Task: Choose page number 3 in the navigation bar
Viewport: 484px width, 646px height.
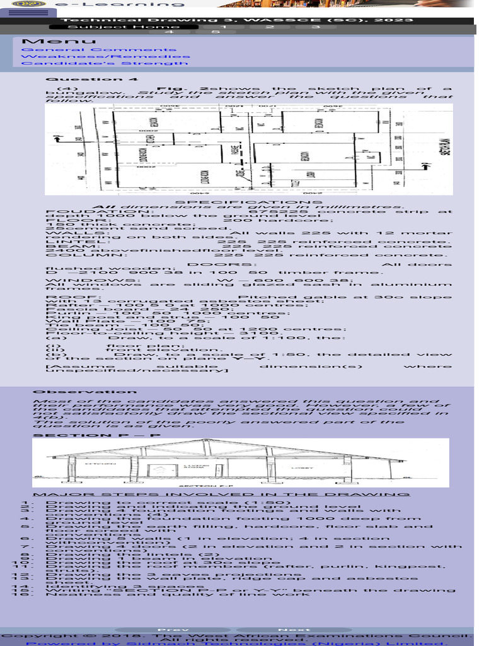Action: point(315,26)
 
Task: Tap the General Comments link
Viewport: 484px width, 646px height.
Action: point(99,49)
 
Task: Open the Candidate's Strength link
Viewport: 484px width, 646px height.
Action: point(105,63)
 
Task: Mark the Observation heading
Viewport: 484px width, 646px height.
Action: point(76,392)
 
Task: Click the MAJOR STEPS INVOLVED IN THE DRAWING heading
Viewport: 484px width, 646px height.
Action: point(221,495)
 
